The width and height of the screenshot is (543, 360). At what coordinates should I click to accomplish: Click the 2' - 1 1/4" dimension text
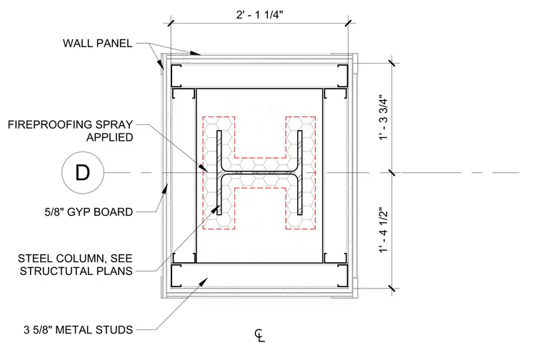click(x=259, y=15)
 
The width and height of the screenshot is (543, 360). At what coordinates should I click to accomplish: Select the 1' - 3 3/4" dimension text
click(x=384, y=117)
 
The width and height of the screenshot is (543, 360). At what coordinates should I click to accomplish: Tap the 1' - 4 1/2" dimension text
click(x=384, y=231)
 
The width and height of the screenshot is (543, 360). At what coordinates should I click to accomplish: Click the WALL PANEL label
click(x=98, y=44)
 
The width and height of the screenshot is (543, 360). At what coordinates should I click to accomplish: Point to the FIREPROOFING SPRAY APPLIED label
click(x=70, y=131)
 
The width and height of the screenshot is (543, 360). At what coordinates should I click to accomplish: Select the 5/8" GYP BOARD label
click(x=89, y=212)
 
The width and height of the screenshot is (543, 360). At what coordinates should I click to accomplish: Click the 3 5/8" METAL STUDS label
click(x=79, y=330)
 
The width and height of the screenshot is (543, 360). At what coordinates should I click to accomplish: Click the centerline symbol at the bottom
click(x=260, y=336)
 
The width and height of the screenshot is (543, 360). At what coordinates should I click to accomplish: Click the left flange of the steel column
click(x=219, y=172)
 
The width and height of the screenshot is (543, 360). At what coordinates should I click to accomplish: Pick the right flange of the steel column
click(x=300, y=172)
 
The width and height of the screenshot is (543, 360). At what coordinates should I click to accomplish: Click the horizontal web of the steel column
click(x=259, y=172)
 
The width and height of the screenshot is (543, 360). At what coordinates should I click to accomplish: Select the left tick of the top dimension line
click(x=171, y=24)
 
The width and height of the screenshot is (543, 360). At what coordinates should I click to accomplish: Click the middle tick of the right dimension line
click(x=392, y=172)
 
